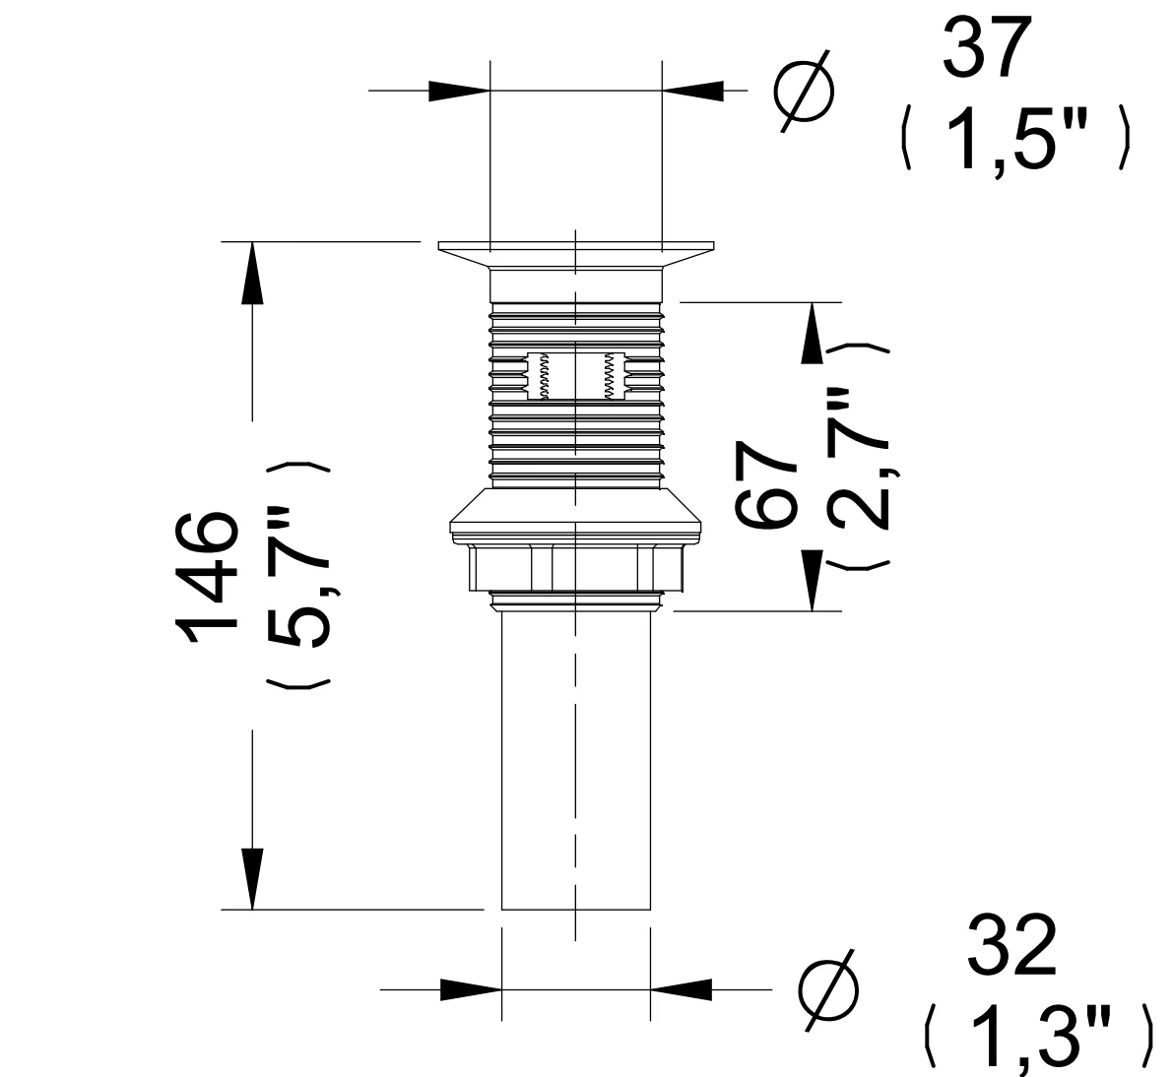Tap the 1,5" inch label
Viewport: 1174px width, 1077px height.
(x=1016, y=140)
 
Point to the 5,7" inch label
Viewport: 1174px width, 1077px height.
(x=298, y=576)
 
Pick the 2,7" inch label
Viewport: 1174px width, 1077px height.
(x=859, y=458)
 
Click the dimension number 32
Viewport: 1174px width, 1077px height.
(x=1011, y=945)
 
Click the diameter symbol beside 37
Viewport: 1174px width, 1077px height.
(x=803, y=92)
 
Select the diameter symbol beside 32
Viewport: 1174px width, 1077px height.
(x=828, y=989)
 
